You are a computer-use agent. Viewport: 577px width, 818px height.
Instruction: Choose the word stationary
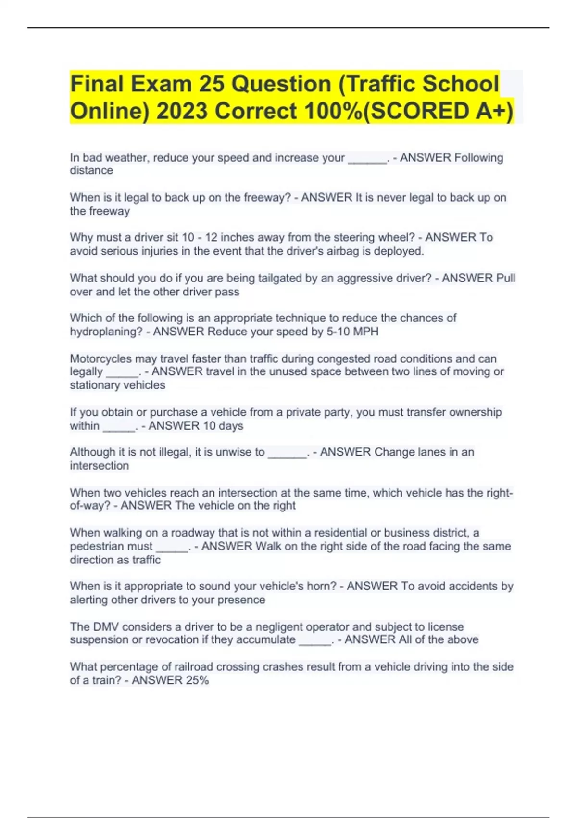coord(95,385)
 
